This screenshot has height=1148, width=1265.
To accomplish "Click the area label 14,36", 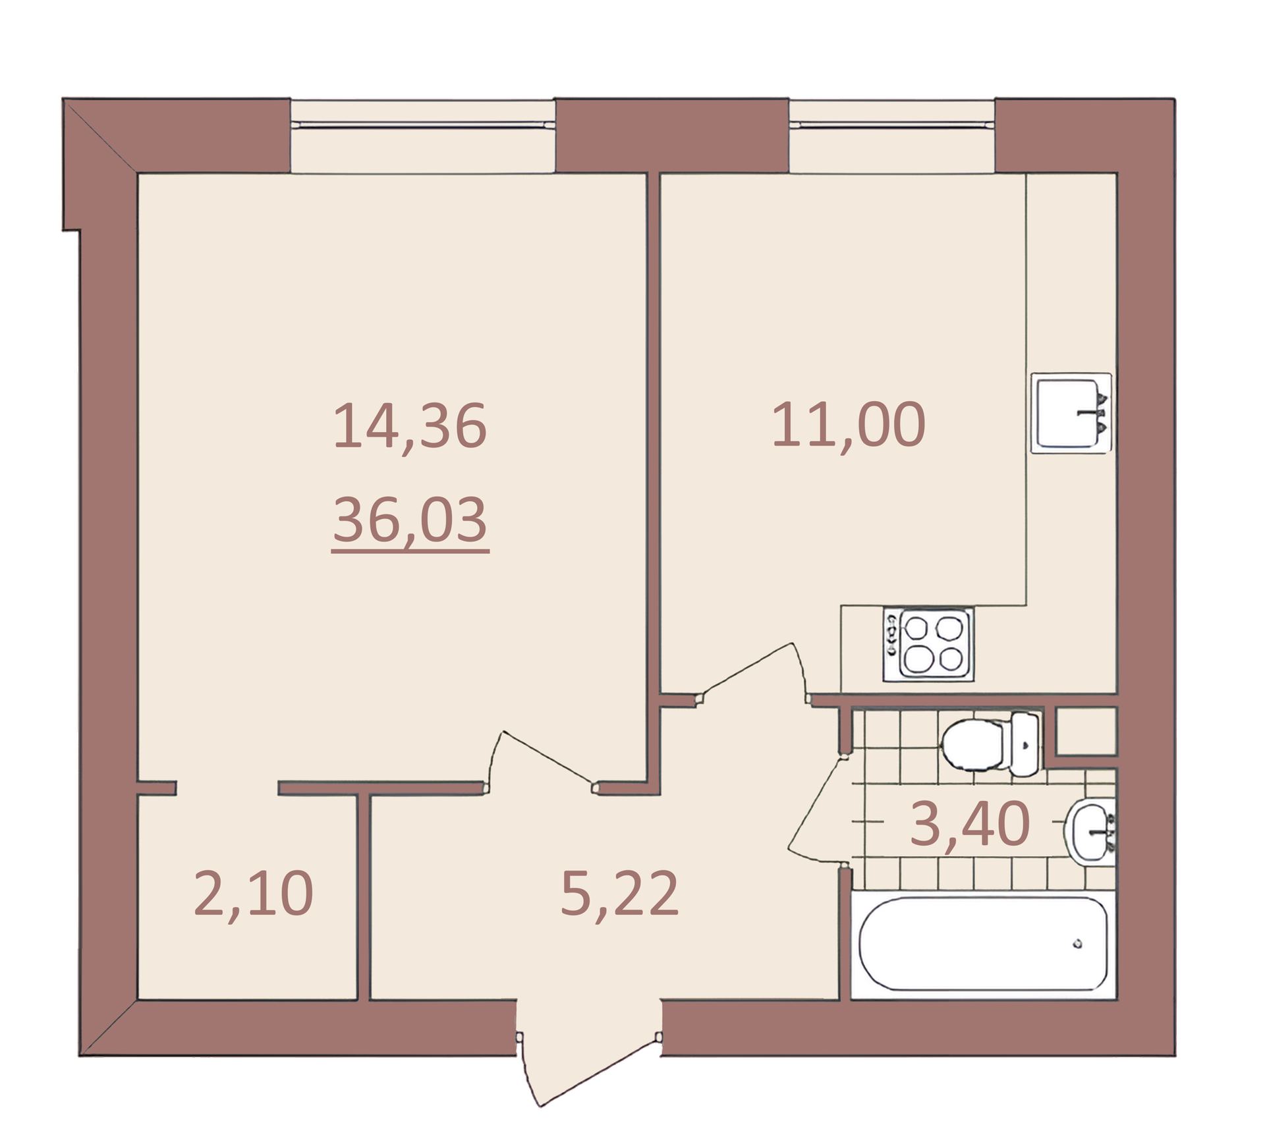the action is (x=410, y=426).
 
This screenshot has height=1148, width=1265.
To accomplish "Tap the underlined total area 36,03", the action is (x=410, y=520).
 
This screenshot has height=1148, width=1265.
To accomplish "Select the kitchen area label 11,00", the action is (x=849, y=425).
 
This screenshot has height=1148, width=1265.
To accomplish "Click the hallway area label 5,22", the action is (x=619, y=894).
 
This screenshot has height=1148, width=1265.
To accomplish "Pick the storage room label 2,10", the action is (x=254, y=894).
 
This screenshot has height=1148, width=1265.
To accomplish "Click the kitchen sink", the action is (x=1071, y=413).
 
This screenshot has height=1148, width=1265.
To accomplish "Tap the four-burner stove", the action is (x=928, y=644).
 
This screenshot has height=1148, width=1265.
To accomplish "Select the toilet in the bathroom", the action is (x=990, y=744).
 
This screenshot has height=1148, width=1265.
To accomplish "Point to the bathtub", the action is (x=983, y=944).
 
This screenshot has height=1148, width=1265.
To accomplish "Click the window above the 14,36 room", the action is (x=422, y=136).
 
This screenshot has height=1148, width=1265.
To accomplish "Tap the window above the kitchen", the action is (x=891, y=136).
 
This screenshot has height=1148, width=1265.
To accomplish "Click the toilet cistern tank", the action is (x=1025, y=744).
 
